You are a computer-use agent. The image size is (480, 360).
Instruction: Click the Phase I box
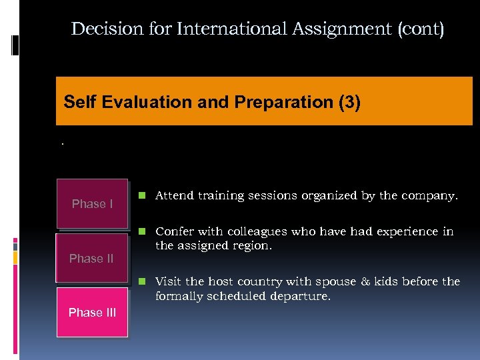pos(92,204)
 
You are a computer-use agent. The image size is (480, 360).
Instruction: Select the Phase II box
pos(91,258)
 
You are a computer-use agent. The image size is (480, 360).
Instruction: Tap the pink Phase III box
pos(92,312)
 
